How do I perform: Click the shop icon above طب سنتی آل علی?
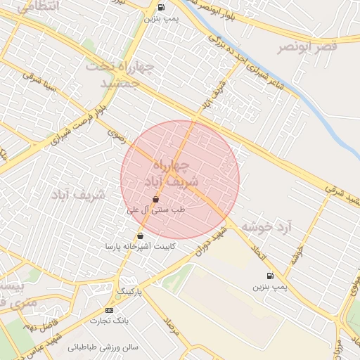155,200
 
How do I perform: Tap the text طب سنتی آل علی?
155,210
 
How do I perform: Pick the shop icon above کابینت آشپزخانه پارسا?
140,236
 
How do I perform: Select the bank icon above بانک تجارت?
109,309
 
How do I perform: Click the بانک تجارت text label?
105,320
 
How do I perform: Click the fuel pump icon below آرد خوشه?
270,276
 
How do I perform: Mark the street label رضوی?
115,135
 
